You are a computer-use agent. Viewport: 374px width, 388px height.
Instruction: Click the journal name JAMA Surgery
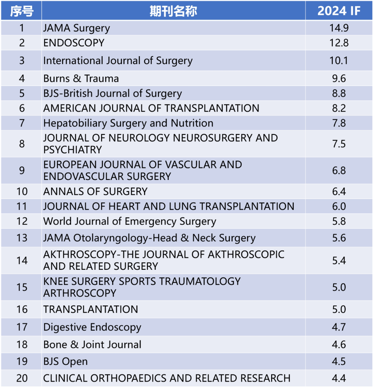77,28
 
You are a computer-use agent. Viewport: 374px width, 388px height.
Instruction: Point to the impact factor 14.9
339,28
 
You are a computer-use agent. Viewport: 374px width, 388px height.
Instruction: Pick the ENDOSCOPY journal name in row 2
74,43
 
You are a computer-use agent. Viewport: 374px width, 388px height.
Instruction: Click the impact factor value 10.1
339,61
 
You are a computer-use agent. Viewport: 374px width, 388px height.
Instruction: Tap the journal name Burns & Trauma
81,78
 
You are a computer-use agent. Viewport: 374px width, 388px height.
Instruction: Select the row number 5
22,93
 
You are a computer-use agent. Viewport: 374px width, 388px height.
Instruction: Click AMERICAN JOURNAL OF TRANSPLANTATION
151,108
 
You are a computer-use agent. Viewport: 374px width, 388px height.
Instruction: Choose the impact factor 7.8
339,123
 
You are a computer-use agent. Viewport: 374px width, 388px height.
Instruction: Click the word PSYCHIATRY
72,150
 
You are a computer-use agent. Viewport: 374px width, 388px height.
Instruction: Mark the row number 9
22,170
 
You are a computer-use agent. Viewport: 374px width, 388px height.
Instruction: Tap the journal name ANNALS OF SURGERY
95,191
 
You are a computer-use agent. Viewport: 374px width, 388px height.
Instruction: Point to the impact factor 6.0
339,206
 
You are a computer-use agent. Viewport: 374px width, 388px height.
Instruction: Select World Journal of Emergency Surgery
130,221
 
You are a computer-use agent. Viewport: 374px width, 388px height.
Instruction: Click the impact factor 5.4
339,260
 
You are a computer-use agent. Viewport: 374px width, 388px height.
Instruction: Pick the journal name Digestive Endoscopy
92,327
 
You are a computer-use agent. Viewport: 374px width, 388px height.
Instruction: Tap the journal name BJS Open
65,361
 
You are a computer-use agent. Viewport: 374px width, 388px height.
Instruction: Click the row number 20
22,378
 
